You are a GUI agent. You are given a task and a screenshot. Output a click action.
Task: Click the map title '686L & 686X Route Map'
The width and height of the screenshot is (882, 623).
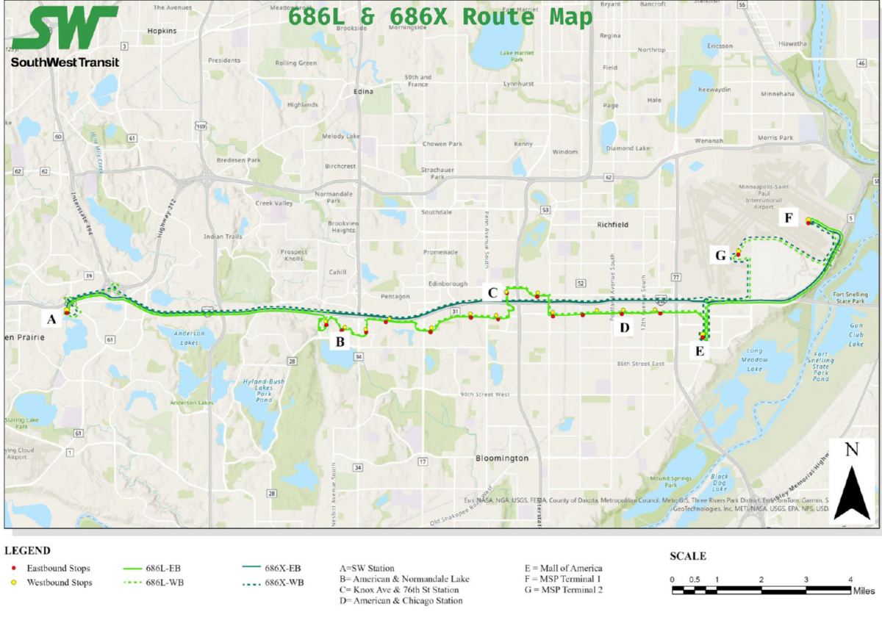point(440,18)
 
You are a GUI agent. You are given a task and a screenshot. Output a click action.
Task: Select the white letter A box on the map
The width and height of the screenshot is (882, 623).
point(51,319)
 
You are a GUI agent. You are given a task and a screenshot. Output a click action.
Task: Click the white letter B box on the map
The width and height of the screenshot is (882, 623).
point(340,342)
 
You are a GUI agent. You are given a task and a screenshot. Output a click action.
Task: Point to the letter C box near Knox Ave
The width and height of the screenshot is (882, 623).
point(493,293)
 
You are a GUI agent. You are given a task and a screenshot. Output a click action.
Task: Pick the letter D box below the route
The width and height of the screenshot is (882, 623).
point(625,328)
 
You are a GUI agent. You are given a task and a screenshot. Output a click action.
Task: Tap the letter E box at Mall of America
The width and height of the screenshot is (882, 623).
point(700,351)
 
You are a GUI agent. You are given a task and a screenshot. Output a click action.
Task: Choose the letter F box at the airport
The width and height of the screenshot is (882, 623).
point(789,218)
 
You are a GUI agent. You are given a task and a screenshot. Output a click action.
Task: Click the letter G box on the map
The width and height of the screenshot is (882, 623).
point(720,256)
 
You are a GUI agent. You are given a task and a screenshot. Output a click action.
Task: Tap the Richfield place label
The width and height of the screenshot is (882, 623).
point(612,225)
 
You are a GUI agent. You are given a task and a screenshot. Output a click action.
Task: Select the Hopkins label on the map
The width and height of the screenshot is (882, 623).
point(162,31)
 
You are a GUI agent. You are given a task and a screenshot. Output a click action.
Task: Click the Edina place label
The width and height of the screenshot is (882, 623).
point(364,92)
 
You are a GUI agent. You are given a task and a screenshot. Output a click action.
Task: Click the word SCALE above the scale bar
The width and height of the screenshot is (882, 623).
point(688,556)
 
